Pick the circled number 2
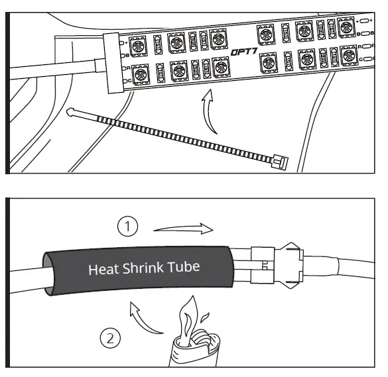[x=109, y=339]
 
